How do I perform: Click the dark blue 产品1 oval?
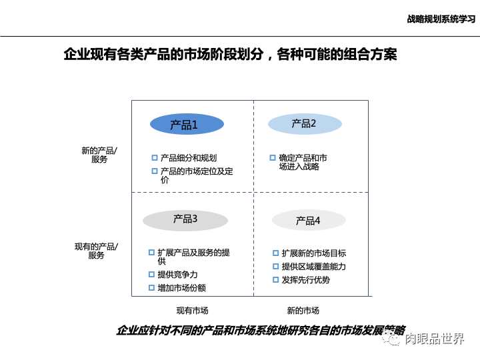click(x=186, y=125)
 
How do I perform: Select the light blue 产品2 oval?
click(x=305, y=124)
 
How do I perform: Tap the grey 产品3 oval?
click(x=185, y=219)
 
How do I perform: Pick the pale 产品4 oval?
click(x=309, y=221)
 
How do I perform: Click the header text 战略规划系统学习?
click(x=441, y=19)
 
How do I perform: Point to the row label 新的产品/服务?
click(x=99, y=155)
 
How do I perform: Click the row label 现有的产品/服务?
click(x=97, y=251)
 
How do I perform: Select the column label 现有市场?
click(x=192, y=310)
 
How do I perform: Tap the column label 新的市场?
click(x=303, y=310)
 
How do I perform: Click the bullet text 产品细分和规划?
click(x=189, y=158)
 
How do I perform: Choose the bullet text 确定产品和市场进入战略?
click(x=303, y=162)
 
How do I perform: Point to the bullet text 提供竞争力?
click(x=177, y=275)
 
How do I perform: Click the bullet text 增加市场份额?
click(x=181, y=288)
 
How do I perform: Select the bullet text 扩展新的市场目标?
click(x=313, y=253)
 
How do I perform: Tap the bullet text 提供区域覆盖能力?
click(x=313, y=267)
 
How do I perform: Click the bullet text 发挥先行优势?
click(x=305, y=280)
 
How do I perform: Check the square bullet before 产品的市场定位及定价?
click(x=155, y=171)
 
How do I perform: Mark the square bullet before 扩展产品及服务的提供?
click(x=151, y=253)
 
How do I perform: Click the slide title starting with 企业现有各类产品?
click(x=230, y=55)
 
